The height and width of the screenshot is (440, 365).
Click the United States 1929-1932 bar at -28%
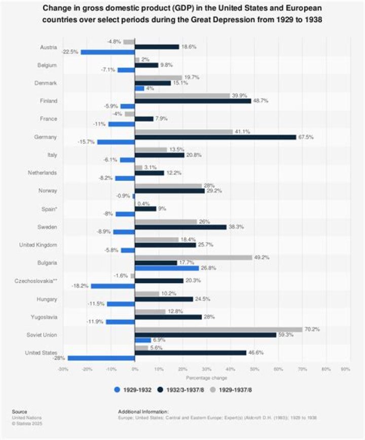pyautogui.click(x=101, y=358)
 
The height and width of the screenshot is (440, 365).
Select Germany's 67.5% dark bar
pyautogui.click(x=215, y=137)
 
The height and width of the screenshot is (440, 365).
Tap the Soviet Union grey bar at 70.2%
pyautogui.click(x=218, y=329)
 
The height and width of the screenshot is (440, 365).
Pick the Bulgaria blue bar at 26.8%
pyautogui.click(x=167, y=268)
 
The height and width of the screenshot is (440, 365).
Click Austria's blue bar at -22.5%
pyautogui.click(x=107, y=52)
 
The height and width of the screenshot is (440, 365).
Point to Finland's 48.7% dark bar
pyautogui.click(x=193, y=101)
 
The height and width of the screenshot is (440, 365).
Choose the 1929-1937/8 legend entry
pyautogui.click(x=236, y=389)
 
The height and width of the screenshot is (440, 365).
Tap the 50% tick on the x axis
pyautogui.click(x=254, y=369)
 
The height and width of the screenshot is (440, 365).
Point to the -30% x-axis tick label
pyautogui.click(x=63, y=369)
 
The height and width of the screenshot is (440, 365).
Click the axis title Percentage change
pyautogui.click(x=206, y=377)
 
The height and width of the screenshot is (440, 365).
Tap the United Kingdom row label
pyautogui.click(x=38, y=245)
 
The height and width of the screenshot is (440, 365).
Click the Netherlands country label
pyautogui.click(x=43, y=173)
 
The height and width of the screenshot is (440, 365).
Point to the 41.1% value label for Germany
pyautogui.click(x=243, y=132)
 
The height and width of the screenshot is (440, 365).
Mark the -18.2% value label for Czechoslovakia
pyautogui.click(x=81, y=286)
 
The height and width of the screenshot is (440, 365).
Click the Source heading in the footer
pyautogui.click(x=20, y=412)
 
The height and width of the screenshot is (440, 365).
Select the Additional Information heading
pyautogui.click(x=142, y=412)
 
